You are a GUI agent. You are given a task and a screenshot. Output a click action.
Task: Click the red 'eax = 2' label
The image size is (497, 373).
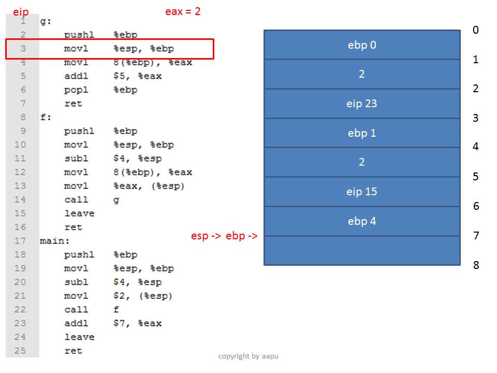coord(183,12)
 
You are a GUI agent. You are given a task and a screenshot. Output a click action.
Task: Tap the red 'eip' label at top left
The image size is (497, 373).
coord(21,12)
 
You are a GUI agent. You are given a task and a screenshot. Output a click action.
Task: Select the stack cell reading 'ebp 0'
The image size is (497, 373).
coord(362,45)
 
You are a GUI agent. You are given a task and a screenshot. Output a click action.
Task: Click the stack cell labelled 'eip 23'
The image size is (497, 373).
coord(362,104)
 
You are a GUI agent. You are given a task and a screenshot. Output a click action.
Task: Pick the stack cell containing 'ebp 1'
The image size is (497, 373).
coord(362,133)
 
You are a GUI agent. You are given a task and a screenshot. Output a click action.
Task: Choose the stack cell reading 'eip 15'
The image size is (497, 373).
coord(362,192)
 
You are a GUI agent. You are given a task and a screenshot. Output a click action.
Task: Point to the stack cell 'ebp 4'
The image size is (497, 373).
coord(362,221)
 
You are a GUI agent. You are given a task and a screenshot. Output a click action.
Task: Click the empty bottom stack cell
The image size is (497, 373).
coord(362,251)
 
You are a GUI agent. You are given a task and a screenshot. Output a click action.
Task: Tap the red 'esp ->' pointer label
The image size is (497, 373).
coord(206,236)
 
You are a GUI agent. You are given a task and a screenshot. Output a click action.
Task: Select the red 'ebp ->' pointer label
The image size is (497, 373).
coord(242,236)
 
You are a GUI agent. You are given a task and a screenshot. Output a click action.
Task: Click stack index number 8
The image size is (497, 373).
coord(476,265)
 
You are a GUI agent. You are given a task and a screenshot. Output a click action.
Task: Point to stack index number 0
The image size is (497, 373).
coord(475,30)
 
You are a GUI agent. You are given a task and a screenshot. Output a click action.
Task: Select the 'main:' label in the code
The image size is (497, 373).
coord(54,241)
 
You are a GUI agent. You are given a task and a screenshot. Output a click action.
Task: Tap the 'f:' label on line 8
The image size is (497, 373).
coord(46,118)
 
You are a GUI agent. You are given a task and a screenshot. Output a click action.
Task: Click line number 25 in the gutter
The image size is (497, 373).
coord(20,351)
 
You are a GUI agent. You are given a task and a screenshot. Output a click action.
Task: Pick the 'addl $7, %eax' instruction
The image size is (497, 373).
coord(113,323)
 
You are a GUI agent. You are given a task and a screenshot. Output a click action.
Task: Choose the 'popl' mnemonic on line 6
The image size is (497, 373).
coord(76,90)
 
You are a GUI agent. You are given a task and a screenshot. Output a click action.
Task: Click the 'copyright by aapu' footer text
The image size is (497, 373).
coord(248,356)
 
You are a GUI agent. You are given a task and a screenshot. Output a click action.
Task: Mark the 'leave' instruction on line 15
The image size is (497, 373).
coord(79,213)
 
